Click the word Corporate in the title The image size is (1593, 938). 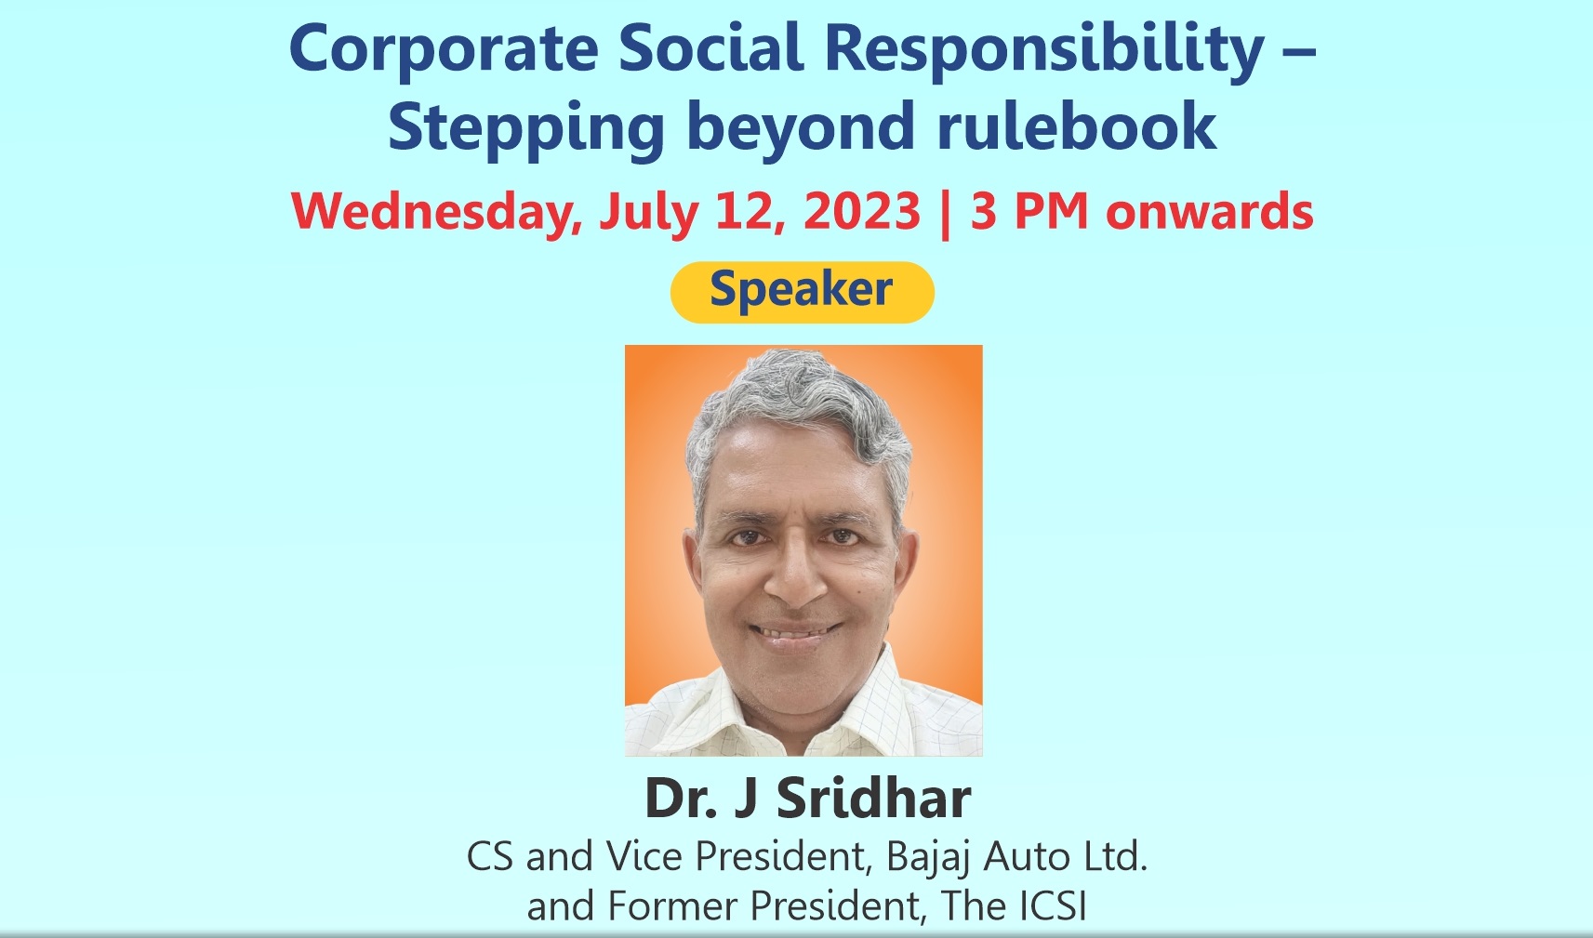tap(444, 51)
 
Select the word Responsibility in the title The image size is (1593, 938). tap(1044, 51)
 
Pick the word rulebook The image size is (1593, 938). tap(1077, 126)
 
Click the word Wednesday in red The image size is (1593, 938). tap(436, 212)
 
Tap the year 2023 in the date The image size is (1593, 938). tap(862, 211)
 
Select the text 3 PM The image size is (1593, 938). tap(1029, 211)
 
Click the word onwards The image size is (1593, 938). tap(1210, 213)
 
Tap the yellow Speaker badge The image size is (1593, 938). tap(803, 292)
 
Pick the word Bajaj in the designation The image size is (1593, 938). tap(929, 858)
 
